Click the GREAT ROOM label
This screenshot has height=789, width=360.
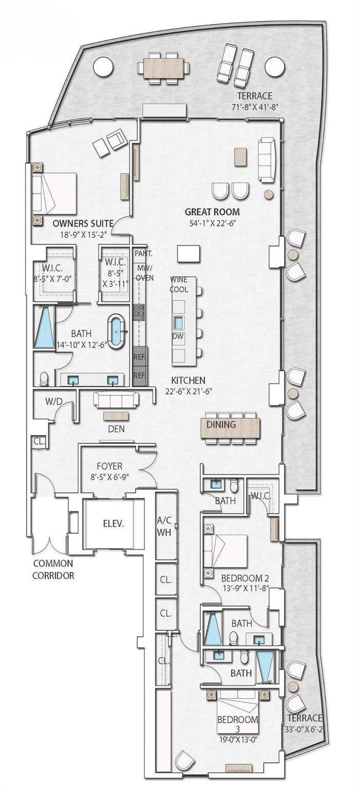(x=212, y=212)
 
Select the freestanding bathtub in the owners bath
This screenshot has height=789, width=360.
(x=118, y=331)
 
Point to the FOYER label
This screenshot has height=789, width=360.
(x=109, y=466)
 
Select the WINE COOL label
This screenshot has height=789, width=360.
(x=179, y=285)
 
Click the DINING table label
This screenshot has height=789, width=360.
(x=221, y=425)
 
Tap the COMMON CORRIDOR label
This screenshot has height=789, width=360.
(x=53, y=569)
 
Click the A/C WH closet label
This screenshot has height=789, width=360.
(x=165, y=524)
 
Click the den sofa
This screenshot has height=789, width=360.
(x=115, y=400)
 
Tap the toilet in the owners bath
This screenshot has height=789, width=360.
(x=45, y=379)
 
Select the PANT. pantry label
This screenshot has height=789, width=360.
(x=141, y=254)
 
